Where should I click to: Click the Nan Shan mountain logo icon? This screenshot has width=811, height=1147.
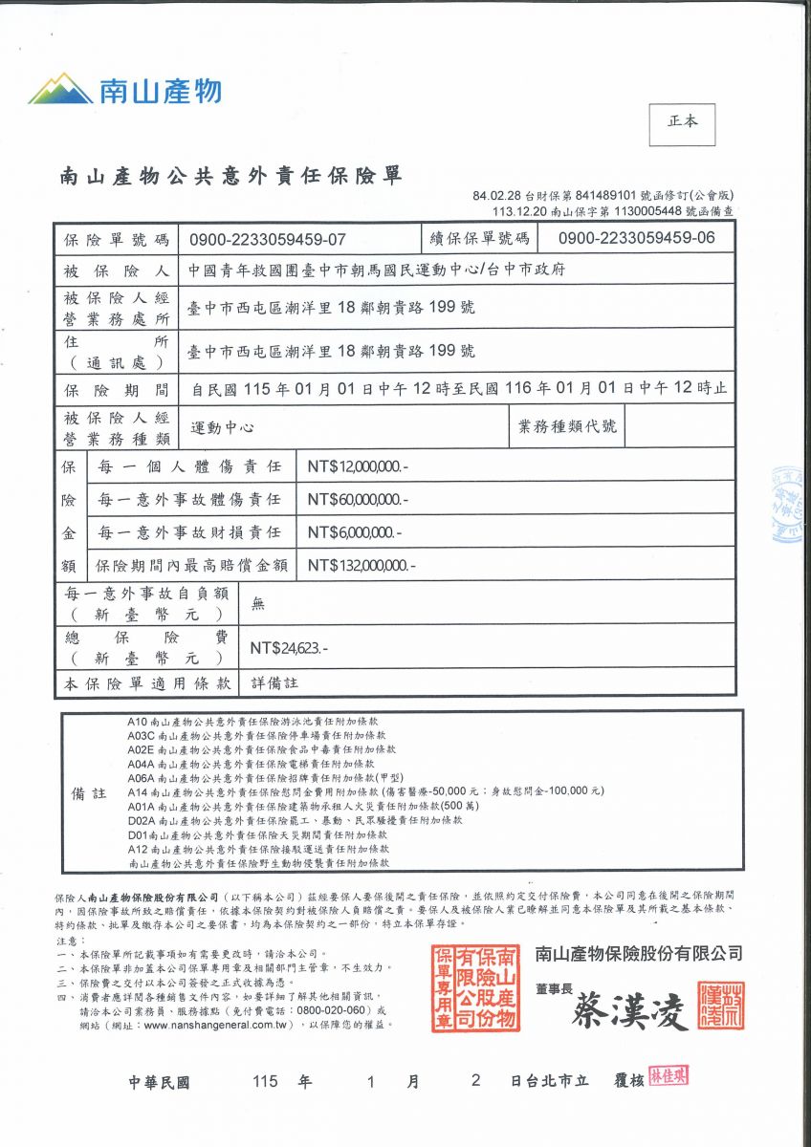60,89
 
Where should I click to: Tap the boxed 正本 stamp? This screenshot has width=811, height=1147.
682,122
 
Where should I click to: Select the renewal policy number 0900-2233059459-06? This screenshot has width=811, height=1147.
636,239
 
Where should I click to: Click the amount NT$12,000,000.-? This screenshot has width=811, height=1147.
358,466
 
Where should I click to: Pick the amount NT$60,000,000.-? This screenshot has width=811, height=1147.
358,500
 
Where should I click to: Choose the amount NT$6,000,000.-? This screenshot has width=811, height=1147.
354,532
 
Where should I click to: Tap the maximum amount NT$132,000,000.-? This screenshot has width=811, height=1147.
362,565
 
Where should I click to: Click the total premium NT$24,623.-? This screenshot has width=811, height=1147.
289,648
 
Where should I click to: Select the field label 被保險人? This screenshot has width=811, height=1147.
116,270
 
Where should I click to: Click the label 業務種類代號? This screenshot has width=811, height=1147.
567,426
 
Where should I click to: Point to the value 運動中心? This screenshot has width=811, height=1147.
223,427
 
